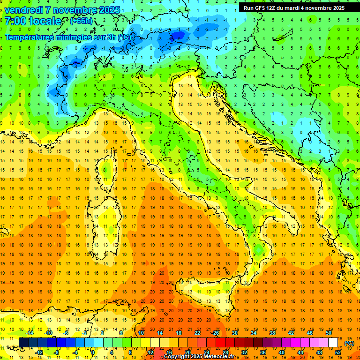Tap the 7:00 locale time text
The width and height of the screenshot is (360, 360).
(x=33, y=21)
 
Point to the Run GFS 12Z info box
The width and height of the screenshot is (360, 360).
(x=294, y=7)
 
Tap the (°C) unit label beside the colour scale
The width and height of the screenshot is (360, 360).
(x=349, y=343)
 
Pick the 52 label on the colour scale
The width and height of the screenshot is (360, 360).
(x=338, y=352)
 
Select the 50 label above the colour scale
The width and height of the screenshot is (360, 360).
(x=329, y=333)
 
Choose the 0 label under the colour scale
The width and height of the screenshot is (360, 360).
(x=93, y=352)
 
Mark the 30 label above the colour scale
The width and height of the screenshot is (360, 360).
(x=235, y=333)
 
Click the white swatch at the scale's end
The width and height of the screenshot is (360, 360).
(x=333, y=343)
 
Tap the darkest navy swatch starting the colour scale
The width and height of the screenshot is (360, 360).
(x=23, y=343)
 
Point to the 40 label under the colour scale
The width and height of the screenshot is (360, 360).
(x=282, y=352)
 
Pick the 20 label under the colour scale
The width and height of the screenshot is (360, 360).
(x=188, y=352)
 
